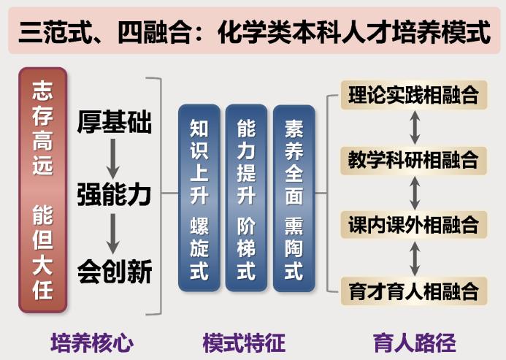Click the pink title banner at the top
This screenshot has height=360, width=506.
click(254, 31)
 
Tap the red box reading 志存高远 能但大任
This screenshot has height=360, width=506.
click(43, 190)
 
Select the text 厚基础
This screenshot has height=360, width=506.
click(114, 122)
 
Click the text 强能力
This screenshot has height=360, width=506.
click(114, 195)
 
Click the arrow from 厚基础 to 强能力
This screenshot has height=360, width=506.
click(112, 158)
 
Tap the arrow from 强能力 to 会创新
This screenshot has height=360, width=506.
click(112, 234)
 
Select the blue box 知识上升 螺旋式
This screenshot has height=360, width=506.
click(199, 198)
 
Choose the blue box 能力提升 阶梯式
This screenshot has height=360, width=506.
click(246, 198)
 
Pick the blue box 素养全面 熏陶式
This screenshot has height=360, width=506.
click(294, 198)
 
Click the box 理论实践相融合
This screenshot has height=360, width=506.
click(414, 95)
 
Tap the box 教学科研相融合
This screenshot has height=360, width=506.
click(414, 161)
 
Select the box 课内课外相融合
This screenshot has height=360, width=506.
click(414, 225)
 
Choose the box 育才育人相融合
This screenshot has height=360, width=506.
click(414, 291)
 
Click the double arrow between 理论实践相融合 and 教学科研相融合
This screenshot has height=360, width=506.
click(415, 128)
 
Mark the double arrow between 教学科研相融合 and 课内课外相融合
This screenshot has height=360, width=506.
click(415, 193)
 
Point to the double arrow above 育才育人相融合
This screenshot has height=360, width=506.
click(415, 258)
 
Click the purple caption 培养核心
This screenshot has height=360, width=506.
click(92, 342)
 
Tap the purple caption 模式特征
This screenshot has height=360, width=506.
click(244, 342)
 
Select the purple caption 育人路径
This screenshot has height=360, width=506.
click(414, 342)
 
